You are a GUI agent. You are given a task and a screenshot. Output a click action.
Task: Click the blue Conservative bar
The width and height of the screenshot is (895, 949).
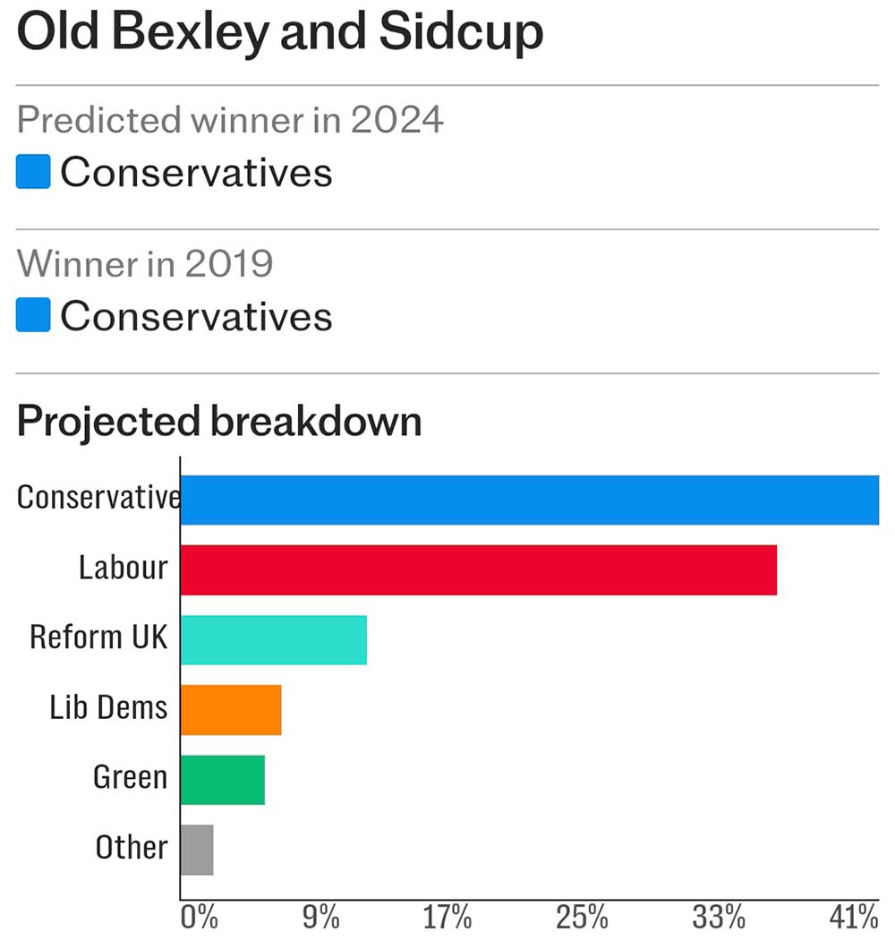pos(529,500)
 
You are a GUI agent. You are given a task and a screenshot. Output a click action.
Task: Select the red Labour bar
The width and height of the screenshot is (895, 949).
pos(478,569)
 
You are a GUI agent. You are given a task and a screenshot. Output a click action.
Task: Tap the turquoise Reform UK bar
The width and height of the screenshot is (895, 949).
pos(273,639)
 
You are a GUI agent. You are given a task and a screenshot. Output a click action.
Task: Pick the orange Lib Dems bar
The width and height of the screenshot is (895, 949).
pos(231,710)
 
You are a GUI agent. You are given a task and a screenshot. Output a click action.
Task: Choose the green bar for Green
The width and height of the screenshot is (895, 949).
pos(222,780)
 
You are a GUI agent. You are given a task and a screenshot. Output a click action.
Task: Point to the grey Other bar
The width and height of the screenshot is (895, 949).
pos(197,850)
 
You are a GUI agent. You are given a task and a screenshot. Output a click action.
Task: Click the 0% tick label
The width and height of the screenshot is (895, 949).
pos(199,918)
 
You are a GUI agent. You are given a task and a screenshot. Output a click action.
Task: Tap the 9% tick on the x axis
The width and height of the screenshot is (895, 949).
pos(320,918)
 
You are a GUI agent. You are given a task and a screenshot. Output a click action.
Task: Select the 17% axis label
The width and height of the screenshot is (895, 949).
pos(447,918)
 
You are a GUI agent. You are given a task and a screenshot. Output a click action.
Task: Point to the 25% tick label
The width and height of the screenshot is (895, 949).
pos(583,918)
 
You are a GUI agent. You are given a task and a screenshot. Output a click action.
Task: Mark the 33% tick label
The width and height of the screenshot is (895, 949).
pos(719,918)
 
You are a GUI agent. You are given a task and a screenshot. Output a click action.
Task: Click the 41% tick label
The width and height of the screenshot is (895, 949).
pos(853,918)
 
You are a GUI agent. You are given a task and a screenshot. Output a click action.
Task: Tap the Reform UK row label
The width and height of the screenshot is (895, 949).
pos(98,637)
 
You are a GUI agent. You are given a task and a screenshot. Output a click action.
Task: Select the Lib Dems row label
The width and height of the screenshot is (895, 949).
pos(108,708)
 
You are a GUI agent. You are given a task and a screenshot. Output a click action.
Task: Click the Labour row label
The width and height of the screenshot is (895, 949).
pos(123,568)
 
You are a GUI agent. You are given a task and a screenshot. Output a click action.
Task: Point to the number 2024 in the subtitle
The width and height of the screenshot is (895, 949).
pos(396,119)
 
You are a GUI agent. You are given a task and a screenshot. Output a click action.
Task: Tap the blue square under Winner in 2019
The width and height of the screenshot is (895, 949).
pos(33,316)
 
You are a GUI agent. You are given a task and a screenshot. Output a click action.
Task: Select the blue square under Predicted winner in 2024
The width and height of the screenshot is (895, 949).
pos(33,172)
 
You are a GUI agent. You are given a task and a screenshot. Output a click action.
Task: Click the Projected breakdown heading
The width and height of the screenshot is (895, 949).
pos(219,421)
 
